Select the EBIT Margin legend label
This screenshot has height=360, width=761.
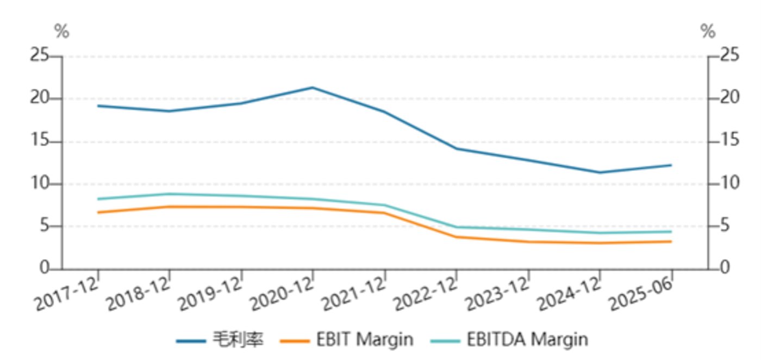[x=364, y=340]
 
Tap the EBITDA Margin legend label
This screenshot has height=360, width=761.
[x=527, y=340]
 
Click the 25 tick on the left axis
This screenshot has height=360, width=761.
[x=40, y=56]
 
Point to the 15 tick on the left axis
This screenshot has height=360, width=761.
[x=40, y=141]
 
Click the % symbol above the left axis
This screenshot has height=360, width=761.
[x=62, y=32]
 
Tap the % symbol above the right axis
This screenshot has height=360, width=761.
[x=708, y=32]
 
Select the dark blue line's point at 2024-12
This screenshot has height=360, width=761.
[x=600, y=172]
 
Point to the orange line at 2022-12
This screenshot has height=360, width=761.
[x=457, y=237]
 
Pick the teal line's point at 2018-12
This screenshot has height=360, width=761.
[x=170, y=194]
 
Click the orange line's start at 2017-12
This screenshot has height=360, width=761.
[x=98, y=212]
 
